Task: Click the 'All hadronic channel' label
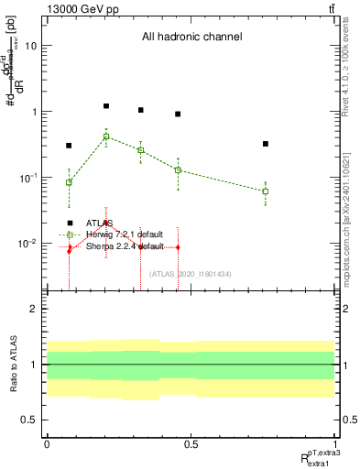[x=191, y=38]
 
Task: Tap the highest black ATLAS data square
[x=106, y=106]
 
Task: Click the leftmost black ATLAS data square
[x=69, y=146]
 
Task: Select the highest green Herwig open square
[x=106, y=136]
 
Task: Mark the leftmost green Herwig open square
[x=69, y=182]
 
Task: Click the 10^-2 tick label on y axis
[x=28, y=244]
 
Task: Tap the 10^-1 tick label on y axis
[x=28, y=178]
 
